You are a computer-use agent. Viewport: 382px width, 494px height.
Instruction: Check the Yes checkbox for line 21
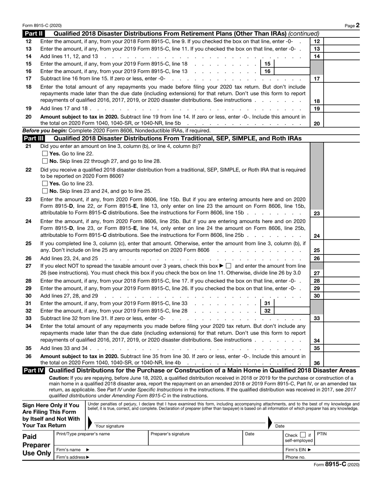45,154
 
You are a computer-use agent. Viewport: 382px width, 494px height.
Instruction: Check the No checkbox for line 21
45,161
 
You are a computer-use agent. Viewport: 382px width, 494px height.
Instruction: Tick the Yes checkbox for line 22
45,184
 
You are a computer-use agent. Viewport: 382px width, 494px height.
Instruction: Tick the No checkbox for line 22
45,191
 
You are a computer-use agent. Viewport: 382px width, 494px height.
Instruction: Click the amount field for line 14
341,56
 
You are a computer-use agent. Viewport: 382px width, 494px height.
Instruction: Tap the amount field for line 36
341,363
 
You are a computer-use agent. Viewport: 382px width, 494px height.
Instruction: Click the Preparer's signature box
195,440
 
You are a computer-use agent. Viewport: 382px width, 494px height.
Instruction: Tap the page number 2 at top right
357,25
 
